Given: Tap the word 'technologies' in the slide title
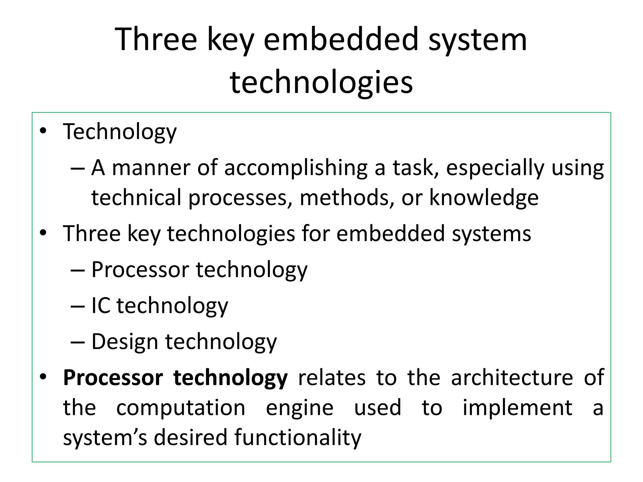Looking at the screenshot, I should [321, 82].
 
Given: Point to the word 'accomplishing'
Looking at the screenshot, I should [295, 168].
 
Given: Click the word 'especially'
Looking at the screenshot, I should [495, 168].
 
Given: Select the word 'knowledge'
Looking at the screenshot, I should [484, 198].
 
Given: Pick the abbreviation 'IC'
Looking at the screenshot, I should [101, 305].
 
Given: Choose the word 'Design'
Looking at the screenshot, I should [125, 341].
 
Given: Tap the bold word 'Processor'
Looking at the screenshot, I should [113, 378].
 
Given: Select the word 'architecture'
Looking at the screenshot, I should [512, 378].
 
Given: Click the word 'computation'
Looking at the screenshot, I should [181, 408].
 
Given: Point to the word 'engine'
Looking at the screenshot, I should [300, 408].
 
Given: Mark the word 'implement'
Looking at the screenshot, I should [517, 408].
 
